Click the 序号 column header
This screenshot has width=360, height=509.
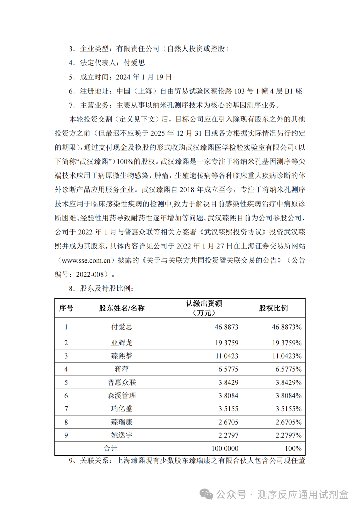click(x=66, y=308)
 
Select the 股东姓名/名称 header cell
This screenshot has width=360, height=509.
click(x=122, y=308)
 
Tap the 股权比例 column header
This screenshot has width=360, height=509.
click(x=273, y=308)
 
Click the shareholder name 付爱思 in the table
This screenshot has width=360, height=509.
click(x=122, y=327)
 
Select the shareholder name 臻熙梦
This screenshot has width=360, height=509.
click(x=122, y=356)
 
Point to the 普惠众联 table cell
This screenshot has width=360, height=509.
click(x=122, y=382)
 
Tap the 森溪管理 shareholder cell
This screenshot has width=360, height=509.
click(x=122, y=396)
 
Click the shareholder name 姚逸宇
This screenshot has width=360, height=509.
click(x=122, y=435)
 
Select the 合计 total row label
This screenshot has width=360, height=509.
click(x=110, y=448)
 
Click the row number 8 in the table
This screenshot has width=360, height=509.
click(x=66, y=422)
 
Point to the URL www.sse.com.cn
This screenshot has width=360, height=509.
click(x=86, y=260)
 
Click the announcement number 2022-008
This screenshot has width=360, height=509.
click(x=90, y=274)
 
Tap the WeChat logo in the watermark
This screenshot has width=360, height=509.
click(x=206, y=494)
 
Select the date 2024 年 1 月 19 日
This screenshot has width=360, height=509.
click(x=144, y=77)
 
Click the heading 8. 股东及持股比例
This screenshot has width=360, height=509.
click(x=101, y=288)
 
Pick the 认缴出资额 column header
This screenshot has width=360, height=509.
click(x=204, y=308)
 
